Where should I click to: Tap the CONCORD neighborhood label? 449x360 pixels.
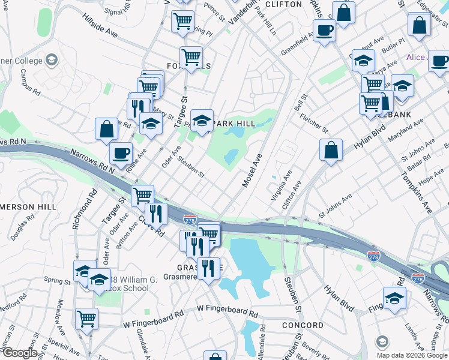(303, 325)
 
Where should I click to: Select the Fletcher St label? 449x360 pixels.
(315, 122)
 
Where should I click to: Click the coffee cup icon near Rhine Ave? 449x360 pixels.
(121, 153)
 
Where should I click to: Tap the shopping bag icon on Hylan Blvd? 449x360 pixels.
(331, 150)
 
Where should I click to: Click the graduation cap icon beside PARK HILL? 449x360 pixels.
(202, 120)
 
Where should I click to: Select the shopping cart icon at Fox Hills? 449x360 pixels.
(191, 58)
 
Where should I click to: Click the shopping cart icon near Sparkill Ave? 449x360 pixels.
(87, 319)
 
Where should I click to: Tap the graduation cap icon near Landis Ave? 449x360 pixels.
(394, 298)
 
